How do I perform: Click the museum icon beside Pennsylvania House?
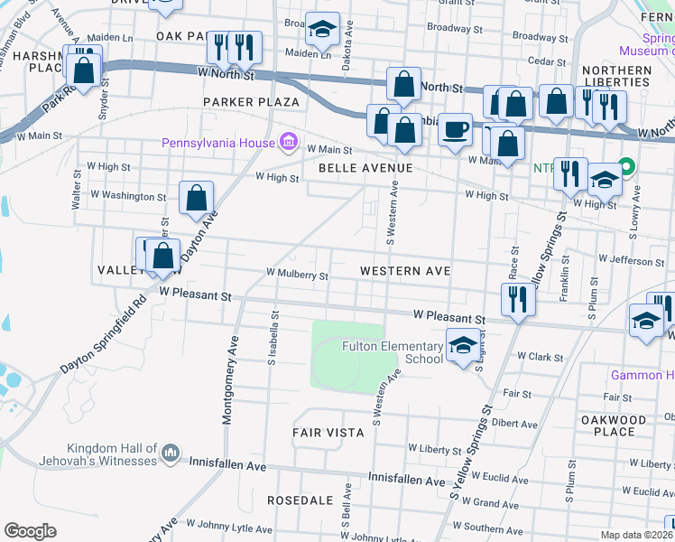tap(289, 142)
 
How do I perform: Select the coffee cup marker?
tap(456, 129)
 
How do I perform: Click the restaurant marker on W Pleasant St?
tap(516, 299)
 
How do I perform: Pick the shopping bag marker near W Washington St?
tap(196, 198)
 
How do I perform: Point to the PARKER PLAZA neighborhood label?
tap(250, 102)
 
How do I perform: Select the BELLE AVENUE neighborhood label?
tap(365, 168)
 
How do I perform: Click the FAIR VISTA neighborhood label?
tap(328, 433)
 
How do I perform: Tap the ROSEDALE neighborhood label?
tap(294, 500)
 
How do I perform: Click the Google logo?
tap(30, 531)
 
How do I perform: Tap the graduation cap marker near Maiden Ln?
tap(322, 31)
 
